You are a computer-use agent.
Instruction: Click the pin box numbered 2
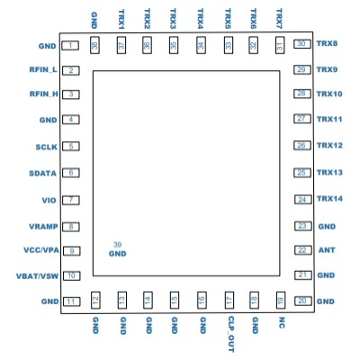click(70, 69)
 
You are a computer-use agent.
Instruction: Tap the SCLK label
click(46, 146)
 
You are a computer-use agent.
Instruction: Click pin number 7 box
click(70, 200)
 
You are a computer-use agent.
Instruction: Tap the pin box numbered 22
click(302, 250)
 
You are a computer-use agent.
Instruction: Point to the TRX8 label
click(328, 44)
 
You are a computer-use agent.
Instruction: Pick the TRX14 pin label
click(330, 199)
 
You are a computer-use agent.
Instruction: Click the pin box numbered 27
click(302, 119)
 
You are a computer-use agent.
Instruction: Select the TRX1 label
click(121, 20)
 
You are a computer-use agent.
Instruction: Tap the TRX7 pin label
click(281, 20)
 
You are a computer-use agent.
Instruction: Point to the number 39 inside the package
click(117, 245)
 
